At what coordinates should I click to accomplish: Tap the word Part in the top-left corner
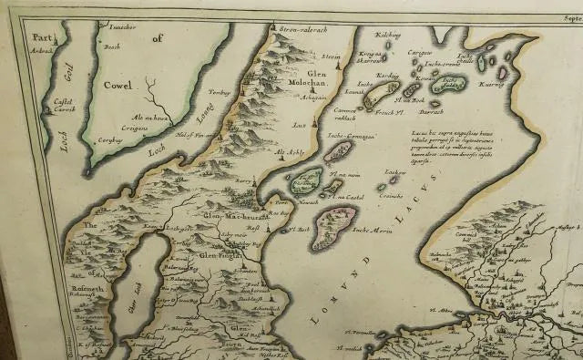39,38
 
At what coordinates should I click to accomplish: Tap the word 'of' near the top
156,38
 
